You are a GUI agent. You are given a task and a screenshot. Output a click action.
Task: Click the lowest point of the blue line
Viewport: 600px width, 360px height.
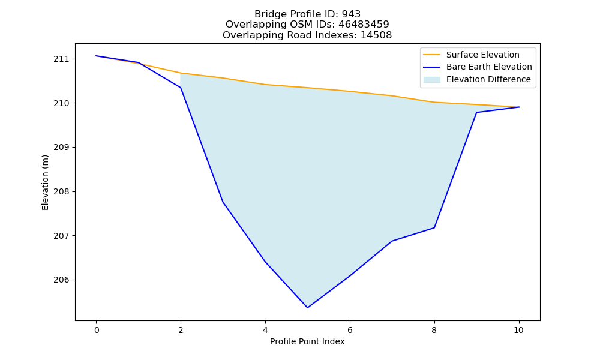pos(307,308)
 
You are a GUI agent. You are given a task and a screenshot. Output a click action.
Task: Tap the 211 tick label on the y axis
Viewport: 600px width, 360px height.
pos(59,59)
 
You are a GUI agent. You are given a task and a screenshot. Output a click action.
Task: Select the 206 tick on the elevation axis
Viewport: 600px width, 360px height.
pos(59,280)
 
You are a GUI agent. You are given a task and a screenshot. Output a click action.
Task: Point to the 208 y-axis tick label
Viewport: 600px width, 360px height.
pos(59,191)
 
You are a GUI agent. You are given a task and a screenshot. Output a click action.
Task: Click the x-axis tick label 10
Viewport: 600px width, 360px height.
pos(518,330)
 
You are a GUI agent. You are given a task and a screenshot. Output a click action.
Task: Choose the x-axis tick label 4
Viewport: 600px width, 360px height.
pos(265,330)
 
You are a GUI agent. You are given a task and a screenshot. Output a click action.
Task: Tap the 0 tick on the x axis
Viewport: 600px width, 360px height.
pos(97,330)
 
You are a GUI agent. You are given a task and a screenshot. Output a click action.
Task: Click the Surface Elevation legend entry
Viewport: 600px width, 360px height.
pos(482,55)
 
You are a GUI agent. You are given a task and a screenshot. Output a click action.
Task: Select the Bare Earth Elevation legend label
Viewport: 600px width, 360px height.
pos(489,67)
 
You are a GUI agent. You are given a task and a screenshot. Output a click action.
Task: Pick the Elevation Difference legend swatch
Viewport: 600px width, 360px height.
pos(431,80)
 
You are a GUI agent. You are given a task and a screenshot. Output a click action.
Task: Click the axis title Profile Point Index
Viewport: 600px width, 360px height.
pos(307,341)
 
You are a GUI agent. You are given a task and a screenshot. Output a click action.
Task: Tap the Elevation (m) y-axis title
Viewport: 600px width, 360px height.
pos(45,182)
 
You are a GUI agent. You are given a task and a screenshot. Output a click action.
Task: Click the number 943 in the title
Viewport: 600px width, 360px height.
pos(351,14)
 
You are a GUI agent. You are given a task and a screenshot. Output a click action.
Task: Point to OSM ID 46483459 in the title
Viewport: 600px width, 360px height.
pos(364,25)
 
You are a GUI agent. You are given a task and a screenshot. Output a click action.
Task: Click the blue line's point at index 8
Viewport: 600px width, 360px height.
pos(434,227)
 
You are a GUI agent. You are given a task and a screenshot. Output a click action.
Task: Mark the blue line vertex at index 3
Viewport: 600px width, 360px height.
pos(223,202)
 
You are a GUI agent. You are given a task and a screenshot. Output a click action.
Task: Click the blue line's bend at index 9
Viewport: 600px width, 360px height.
pos(476,112)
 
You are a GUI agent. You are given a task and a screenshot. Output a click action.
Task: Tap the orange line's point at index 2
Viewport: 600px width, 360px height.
pos(181,73)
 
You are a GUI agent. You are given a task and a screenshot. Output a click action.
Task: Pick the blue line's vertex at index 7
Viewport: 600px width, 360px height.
pos(392,241)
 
